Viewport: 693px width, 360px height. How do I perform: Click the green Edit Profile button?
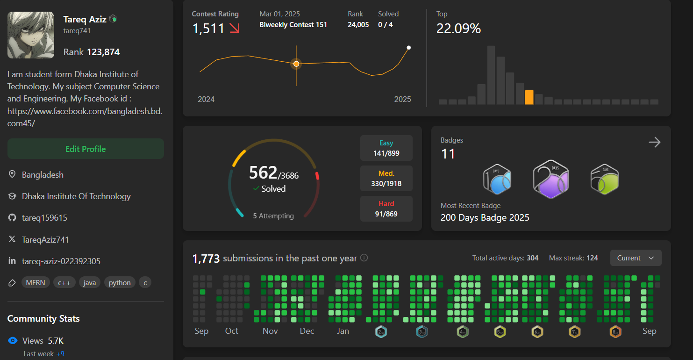point(86,149)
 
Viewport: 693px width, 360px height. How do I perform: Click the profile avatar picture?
point(31,35)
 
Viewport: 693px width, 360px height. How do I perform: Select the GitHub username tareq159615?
point(44,218)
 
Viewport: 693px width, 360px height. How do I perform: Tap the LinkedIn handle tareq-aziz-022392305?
point(61,261)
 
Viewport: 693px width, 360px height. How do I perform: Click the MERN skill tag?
point(36,282)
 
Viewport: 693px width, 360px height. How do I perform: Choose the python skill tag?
point(120,282)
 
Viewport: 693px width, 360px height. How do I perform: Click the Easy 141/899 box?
point(386,148)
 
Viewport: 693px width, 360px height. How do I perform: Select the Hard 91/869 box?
point(386,209)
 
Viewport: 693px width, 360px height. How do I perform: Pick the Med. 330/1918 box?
point(386,178)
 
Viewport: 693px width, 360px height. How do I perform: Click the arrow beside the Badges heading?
point(655,142)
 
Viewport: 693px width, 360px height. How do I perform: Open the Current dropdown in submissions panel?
point(636,258)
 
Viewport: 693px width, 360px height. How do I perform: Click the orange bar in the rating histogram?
point(529,97)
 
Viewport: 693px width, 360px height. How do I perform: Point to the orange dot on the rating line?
point(296,64)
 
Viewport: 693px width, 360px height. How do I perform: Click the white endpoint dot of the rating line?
point(409,47)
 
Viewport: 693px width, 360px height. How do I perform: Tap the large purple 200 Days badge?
point(551,180)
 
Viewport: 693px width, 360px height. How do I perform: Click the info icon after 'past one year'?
point(364,258)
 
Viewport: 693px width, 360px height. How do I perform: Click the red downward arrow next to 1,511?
point(234,29)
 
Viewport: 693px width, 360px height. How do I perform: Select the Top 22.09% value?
point(458,29)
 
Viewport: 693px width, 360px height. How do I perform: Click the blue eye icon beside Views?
point(13,341)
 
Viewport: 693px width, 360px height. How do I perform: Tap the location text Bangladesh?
point(43,175)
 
